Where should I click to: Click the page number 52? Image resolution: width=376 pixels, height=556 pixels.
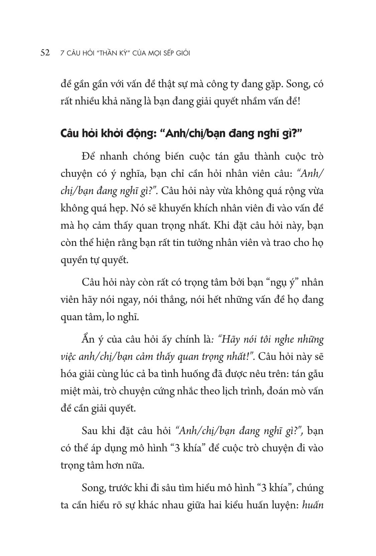45,53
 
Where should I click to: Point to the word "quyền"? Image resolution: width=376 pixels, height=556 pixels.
75,260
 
